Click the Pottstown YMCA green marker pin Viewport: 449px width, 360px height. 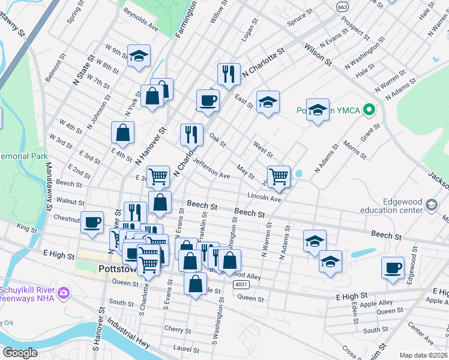(x=370, y=110)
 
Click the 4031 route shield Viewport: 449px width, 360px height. (x=240, y=284)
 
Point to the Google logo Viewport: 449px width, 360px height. (x=20, y=352)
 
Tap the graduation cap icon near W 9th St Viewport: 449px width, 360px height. (x=139, y=56)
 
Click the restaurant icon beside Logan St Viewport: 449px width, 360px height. (x=228, y=74)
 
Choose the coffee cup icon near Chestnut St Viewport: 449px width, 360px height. (x=92, y=221)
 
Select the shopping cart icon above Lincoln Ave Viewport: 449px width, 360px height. (x=279, y=176)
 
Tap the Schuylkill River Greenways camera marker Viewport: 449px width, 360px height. (x=64, y=293)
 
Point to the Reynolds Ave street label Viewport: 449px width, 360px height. (x=141, y=23)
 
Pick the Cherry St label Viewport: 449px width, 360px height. (x=178, y=329)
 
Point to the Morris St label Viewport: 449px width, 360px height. (x=355, y=149)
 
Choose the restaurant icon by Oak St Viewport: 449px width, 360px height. (x=191, y=134)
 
